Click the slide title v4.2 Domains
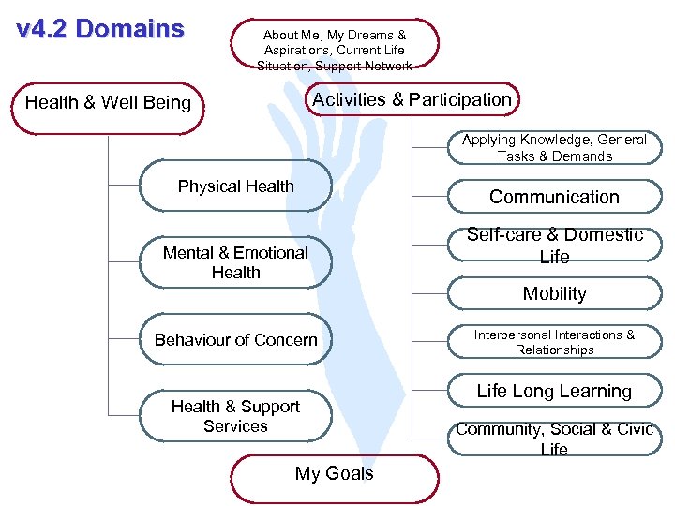click(101, 29)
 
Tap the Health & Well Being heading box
click(108, 103)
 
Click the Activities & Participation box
click(412, 99)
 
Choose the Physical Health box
click(235, 186)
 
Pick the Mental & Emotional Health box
click(235, 262)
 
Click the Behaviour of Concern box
click(235, 339)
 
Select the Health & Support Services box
click(235, 416)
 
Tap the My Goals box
click(334, 474)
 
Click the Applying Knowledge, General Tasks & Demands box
click(554, 148)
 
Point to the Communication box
click(554, 197)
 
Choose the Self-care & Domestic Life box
click(554, 246)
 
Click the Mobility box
click(554, 294)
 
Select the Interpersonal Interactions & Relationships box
click(554, 342)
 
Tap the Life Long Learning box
click(554, 391)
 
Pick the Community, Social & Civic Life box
click(554, 439)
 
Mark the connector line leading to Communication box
click(429, 198)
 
